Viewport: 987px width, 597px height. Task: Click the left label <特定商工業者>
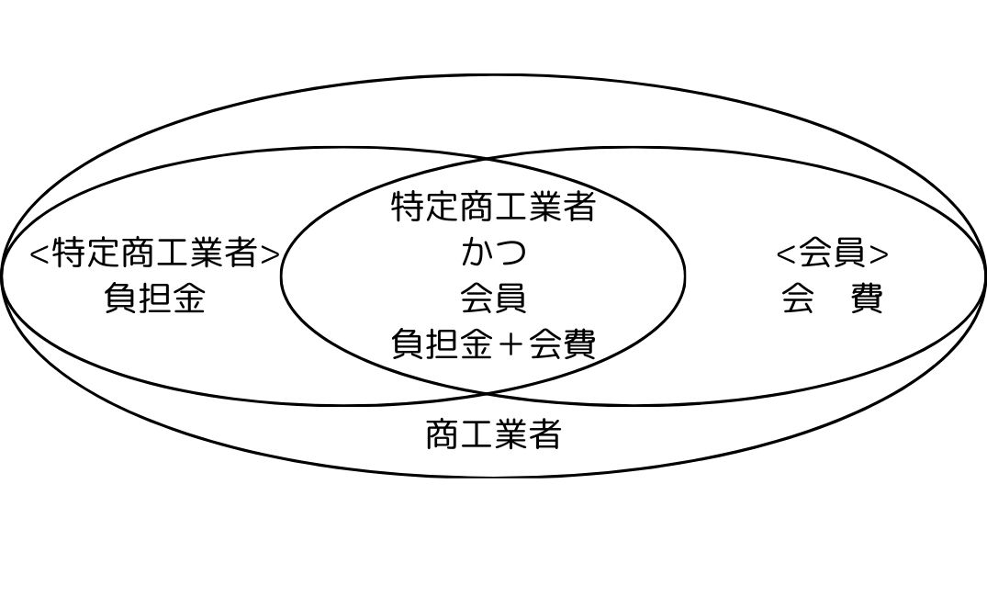[x=155, y=253]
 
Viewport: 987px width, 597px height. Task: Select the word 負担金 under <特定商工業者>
[x=155, y=298]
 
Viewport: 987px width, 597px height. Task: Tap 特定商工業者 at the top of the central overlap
[x=494, y=207]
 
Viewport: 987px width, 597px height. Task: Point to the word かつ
[x=494, y=253]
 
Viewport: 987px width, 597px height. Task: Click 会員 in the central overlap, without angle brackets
[x=494, y=298]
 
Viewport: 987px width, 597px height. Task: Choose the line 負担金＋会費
[x=494, y=344]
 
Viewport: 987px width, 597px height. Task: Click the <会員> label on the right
[x=833, y=253]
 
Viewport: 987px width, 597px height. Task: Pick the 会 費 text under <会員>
[x=833, y=298]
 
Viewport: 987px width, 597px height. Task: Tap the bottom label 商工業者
[x=494, y=434]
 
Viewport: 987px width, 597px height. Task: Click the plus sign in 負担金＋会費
[x=510, y=344]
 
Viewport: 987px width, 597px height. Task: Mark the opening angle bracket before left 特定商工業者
[x=39, y=253]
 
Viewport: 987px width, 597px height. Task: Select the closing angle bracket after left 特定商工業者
[x=270, y=253]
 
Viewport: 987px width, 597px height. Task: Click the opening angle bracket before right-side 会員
[x=786, y=253]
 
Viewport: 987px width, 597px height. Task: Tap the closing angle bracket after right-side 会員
[x=880, y=253]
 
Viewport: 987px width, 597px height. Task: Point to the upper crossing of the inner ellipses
[x=487, y=160]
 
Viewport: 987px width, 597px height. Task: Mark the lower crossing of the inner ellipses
[x=487, y=394]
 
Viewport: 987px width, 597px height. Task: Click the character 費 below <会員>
[x=868, y=298]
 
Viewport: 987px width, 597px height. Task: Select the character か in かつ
[x=477, y=253]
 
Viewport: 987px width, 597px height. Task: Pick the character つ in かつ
[x=510, y=253]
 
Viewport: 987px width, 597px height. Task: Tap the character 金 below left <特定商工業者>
[x=189, y=298]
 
